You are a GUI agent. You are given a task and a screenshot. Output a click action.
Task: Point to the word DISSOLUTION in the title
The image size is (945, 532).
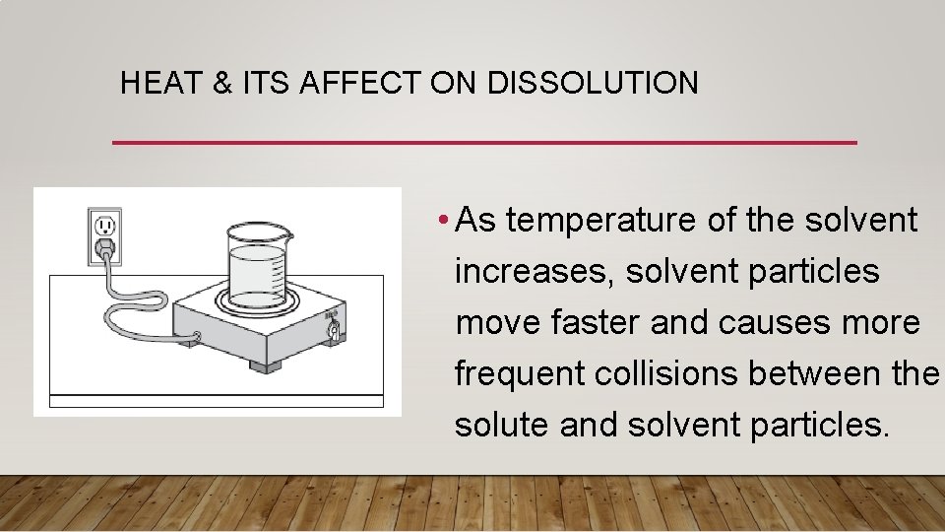coord(593,83)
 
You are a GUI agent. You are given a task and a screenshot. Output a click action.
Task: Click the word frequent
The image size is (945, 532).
coord(521,373)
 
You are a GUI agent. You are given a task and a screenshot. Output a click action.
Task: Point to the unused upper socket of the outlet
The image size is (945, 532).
coord(104,225)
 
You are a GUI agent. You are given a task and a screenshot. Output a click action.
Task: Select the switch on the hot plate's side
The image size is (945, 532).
coord(333,327)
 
